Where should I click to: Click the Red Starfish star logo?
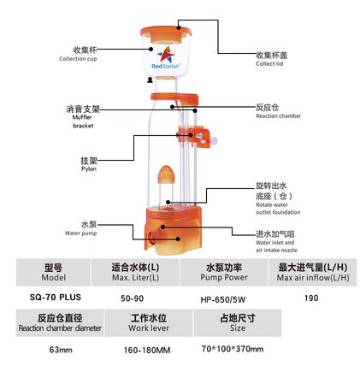coord(166,54)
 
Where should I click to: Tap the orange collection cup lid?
coord(166,32)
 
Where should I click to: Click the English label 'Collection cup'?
coord(78,59)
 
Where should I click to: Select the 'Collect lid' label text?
coord(269,64)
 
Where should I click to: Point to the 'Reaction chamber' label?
coord(278,116)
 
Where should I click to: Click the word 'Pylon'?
coord(89,168)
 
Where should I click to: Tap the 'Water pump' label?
coord(80,233)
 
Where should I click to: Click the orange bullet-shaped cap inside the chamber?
coord(166,174)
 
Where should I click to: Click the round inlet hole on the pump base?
coord(151,238)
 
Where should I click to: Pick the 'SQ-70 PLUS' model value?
coord(56,298)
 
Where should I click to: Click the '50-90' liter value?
coord(132,298)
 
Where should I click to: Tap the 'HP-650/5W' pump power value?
coord(223,299)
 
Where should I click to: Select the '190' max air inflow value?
coord(311,298)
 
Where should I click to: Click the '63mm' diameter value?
coord(61,350)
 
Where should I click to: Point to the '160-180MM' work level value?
coord(147,350)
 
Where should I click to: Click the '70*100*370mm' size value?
coord(233,349)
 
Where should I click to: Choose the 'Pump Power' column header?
coord(224,277)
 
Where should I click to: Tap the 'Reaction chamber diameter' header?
coord(60,328)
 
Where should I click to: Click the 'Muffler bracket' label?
coord(83,121)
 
